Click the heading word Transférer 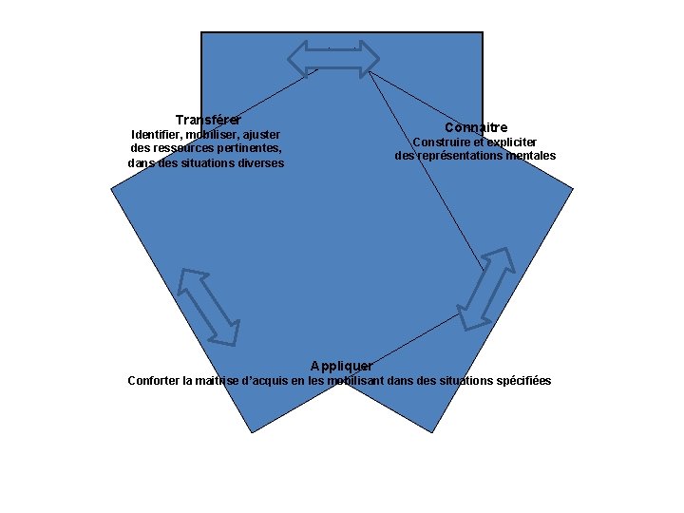pos(208,120)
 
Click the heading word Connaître pos(476,127)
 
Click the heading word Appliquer pos(342,366)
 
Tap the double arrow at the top pos(333,57)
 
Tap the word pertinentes pos(251,148)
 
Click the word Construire pos(441,142)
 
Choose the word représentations pos(458,156)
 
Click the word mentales pos(531,156)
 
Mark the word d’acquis pos(267,381)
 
